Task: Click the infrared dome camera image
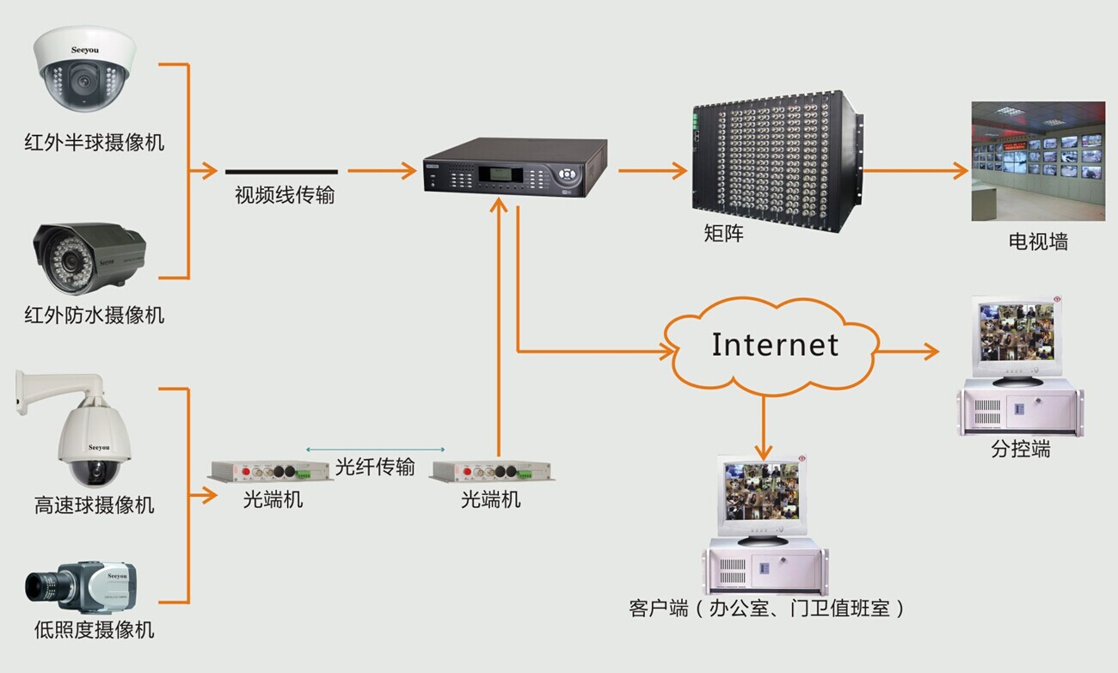83,71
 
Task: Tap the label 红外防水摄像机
94,315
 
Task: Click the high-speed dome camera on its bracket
90,435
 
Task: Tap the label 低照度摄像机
94,630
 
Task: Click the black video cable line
281,171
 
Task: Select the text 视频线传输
285,196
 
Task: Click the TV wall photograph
1038,161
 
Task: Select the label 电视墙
1038,242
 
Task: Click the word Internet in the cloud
774,346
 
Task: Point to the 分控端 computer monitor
1017,335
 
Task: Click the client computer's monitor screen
760,494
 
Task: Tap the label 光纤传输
375,467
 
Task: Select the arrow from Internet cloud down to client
763,426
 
